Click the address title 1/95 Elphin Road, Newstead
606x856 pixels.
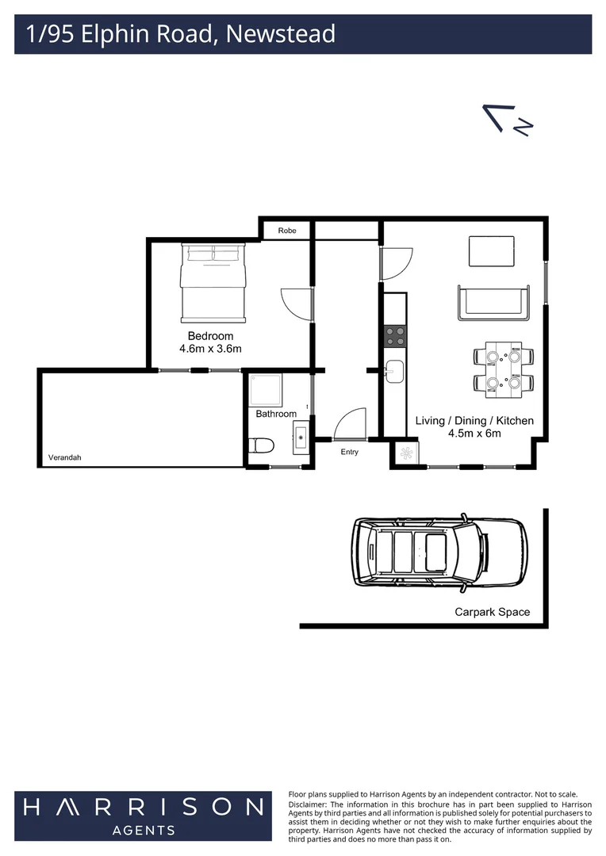181,34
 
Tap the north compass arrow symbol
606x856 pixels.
508,120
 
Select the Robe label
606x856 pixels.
286,231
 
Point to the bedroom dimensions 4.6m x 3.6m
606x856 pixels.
210,349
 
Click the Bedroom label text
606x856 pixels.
210,336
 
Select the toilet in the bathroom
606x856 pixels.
261,446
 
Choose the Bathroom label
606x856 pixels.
276,414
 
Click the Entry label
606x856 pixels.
349,452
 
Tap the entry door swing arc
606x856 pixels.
349,424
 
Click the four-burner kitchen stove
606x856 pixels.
395,336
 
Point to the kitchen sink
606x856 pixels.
395,371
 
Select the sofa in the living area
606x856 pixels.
492,301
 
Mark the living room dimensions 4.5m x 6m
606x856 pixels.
474,434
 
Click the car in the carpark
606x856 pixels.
439,552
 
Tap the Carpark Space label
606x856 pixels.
492,612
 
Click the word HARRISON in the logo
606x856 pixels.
143,807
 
